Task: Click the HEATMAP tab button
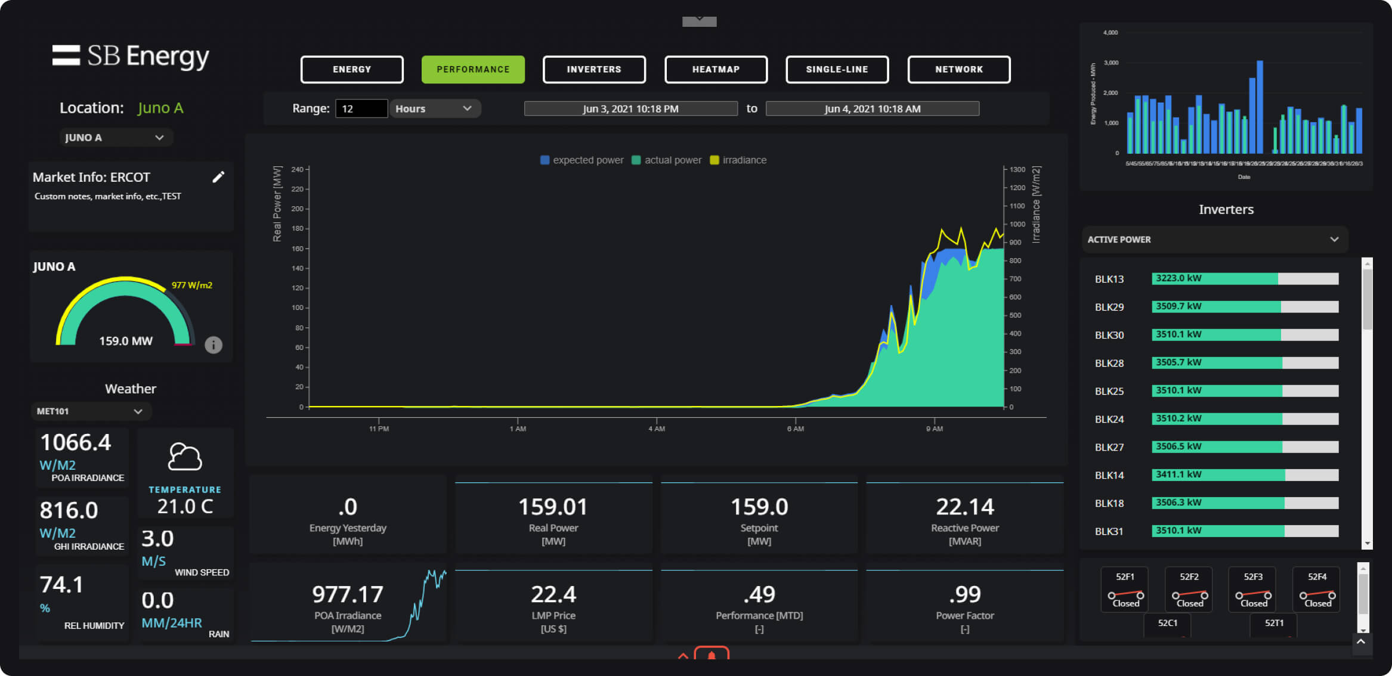[716, 70]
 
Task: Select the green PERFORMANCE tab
[473, 70]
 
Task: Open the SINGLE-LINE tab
[837, 70]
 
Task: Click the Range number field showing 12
[361, 108]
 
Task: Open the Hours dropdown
[434, 108]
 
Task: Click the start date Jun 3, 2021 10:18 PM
[630, 108]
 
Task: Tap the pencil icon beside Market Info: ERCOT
[218, 177]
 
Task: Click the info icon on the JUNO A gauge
[214, 345]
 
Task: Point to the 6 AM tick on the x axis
[795, 428]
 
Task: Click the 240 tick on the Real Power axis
[298, 169]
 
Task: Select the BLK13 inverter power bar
[1245, 278]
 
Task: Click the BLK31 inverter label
[1109, 531]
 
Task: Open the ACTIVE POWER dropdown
[1214, 239]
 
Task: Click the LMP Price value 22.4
[553, 594]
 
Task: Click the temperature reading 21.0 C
[185, 506]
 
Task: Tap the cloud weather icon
[185, 457]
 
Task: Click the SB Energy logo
[131, 56]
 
